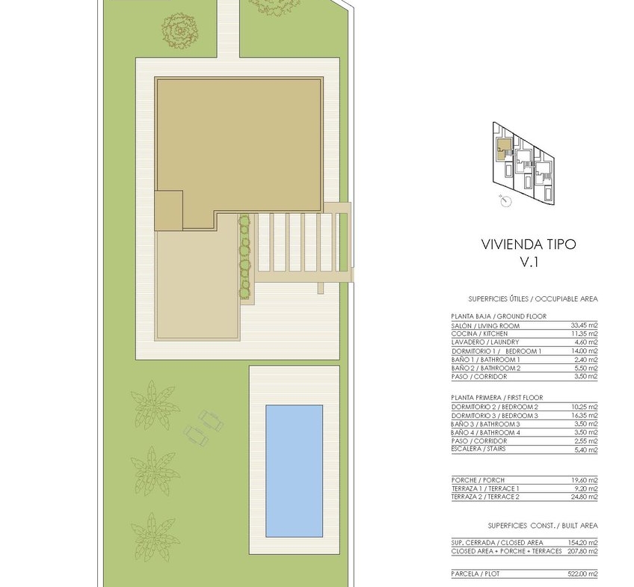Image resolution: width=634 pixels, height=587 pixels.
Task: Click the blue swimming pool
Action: click(294, 471)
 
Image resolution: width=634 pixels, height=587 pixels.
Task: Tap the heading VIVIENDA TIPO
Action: click(529, 245)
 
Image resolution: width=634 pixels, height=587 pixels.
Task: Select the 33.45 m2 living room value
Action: click(584, 325)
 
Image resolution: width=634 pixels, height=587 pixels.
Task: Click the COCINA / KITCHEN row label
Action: click(479, 334)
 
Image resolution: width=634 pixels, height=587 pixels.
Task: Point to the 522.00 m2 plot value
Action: click(582, 574)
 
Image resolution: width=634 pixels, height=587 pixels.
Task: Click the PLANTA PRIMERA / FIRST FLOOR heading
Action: click(497, 397)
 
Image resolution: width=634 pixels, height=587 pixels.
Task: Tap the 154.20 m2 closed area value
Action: click(582, 543)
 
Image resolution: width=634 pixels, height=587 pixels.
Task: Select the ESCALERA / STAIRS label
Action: click(478, 449)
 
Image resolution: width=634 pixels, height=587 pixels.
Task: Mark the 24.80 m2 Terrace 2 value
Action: click(584, 497)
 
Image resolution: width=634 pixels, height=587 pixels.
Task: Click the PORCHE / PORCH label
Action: click(478, 480)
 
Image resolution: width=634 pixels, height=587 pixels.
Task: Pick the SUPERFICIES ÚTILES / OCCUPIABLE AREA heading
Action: click(533, 299)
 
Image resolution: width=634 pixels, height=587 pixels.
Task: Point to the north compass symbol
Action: click(505, 200)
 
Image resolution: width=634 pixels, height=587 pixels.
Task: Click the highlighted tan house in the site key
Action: click(503, 148)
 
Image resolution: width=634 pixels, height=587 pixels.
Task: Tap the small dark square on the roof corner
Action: click(169, 211)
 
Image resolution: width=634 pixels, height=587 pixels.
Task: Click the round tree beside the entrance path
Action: click(180, 31)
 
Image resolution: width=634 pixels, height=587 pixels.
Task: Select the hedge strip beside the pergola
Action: click(244, 257)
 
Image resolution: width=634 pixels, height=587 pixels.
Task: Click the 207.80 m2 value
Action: click(582, 551)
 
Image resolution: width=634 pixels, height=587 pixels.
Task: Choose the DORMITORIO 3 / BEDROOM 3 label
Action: click(494, 416)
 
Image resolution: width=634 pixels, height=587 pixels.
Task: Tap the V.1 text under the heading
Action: click(529, 262)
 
